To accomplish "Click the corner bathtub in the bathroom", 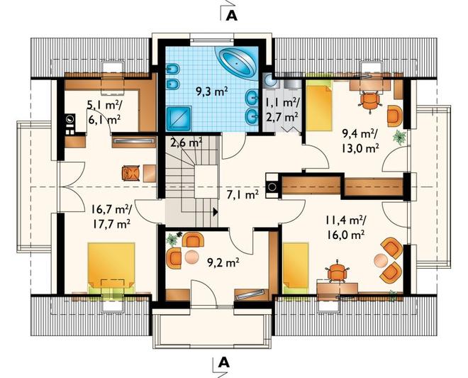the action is tap(238, 63).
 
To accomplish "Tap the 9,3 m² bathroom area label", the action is tap(212, 91).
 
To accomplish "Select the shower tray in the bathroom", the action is tap(179, 119).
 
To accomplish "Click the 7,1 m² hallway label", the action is tap(243, 195).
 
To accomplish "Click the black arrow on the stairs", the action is tap(215, 212).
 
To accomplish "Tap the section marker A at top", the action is tap(232, 16).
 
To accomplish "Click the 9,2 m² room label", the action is tap(223, 262).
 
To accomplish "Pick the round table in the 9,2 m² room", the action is tap(191, 257).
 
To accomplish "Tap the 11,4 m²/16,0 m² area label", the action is tap(345, 228).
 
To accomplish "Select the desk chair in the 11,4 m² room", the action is tap(337, 272).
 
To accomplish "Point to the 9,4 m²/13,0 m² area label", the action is tap(360, 141).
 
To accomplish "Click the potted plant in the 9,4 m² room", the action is tap(399, 137).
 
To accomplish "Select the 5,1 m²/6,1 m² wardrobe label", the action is tap(104, 111).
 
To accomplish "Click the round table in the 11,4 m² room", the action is tap(381, 260).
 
